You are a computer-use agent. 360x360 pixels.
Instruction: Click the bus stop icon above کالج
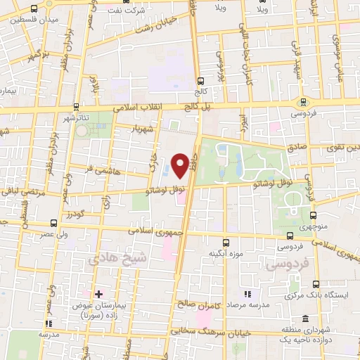tap(202, 81)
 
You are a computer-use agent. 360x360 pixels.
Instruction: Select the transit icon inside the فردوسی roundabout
tap(304, 101)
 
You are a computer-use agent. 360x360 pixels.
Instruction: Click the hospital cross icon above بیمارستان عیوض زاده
tap(98, 294)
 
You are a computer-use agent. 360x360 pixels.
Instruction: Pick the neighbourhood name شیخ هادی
tap(111, 259)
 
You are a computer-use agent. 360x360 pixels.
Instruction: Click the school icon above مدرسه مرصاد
tap(247, 294)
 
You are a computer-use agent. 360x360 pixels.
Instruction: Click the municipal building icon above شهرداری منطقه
tap(304, 319)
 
